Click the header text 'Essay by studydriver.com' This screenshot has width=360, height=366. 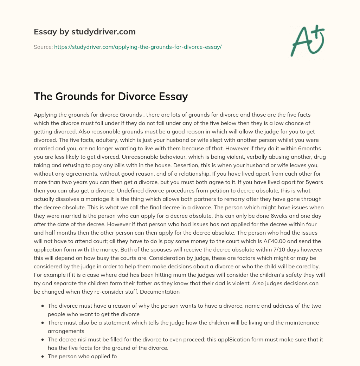(84, 32)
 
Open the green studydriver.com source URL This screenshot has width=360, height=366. (137, 47)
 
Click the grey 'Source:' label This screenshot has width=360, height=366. (43, 47)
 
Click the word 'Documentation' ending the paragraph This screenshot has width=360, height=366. (162, 292)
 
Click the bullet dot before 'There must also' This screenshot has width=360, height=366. (43, 323)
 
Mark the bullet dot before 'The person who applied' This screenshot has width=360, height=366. (43, 357)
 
